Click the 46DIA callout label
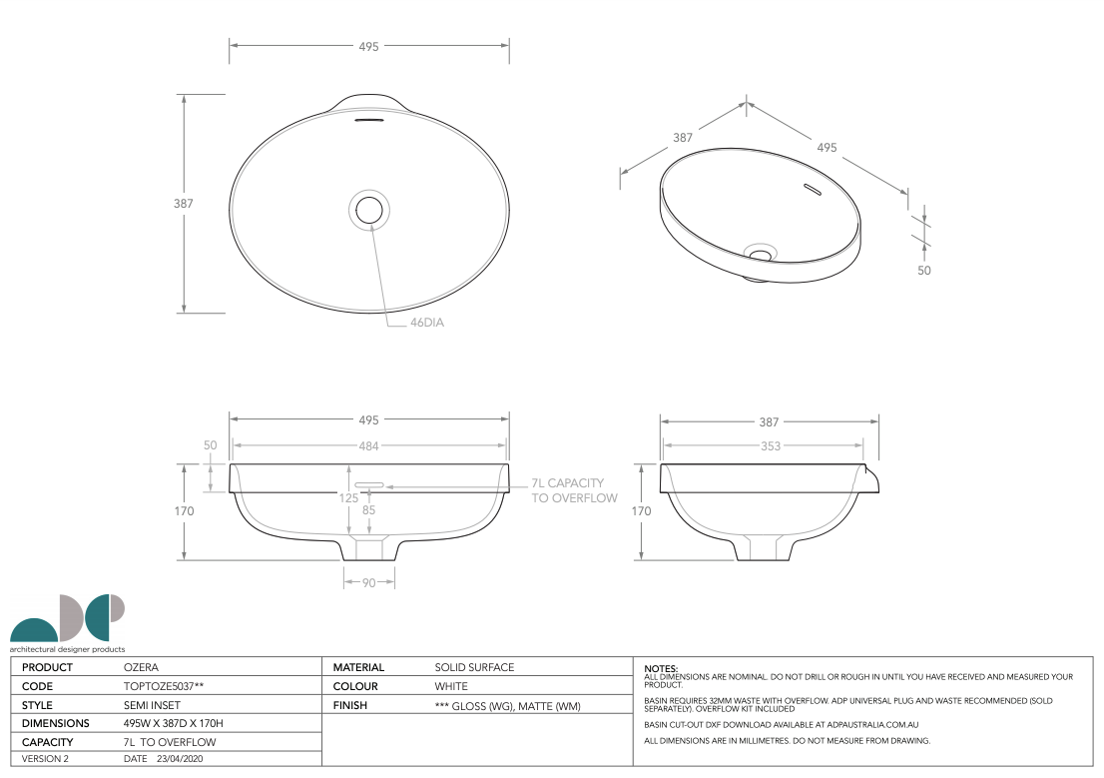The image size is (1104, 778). click(426, 322)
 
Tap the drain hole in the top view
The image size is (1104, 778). click(369, 210)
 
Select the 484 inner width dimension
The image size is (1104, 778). click(369, 446)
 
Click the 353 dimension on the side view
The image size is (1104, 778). click(771, 446)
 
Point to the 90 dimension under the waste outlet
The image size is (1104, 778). click(369, 583)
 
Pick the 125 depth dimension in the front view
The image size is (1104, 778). click(348, 497)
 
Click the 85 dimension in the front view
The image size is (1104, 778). click(369, 509)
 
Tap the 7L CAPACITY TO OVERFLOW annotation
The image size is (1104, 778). click(574, 490)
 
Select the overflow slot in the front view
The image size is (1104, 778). click(369, 485)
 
